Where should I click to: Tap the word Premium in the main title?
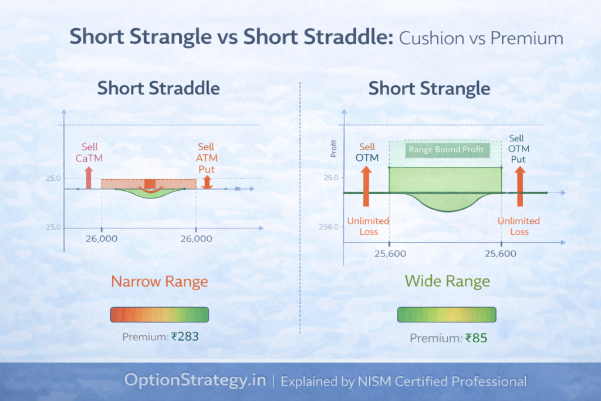click(526, 38)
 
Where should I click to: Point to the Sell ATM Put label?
click(206, 158)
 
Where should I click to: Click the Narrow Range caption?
click(160, 282)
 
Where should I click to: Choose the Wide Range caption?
click(447, 281)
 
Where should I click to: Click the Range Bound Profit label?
click(447, 150)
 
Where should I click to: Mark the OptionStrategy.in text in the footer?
click(195, 380)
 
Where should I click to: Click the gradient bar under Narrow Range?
click(160, 314)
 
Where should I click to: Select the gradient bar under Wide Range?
click(447, 314)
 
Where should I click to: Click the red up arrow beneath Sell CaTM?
click(89, 177)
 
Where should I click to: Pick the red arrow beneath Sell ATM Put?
click(207, 182)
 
